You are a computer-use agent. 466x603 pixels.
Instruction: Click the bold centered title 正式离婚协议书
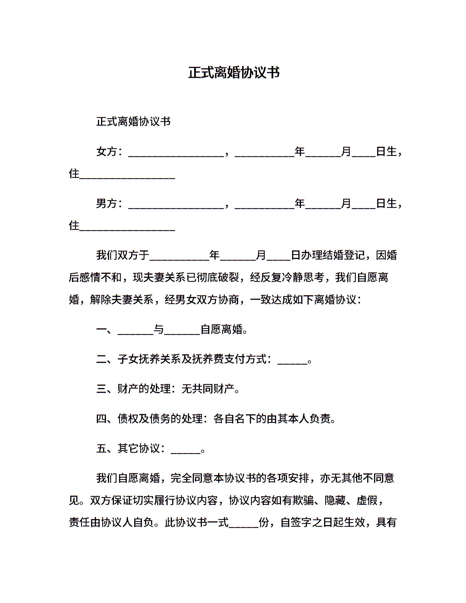pyautogui.click(x=234, y=73)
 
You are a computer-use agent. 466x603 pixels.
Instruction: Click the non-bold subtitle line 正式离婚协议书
pyautogui.click(x=133, y=122)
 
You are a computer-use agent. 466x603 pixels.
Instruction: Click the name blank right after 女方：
pyautogui.click(x=176, y=153)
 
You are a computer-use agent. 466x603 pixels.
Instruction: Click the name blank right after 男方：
pyautogui.click(x=176, y=205)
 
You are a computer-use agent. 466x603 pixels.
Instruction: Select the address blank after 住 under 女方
pyautogui.click(x=127, y=175)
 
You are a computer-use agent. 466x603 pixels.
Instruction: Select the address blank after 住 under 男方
pyautogui.click(x=127, y=227)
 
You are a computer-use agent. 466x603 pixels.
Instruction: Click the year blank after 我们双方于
pyautogui.click(x=180, y=256)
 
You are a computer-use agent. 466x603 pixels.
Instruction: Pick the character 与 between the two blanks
pyautogui.click(x=159, y=329)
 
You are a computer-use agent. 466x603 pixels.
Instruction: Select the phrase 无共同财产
pyautogui.click(x=208, y=389)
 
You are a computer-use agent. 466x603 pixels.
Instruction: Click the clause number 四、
pyautogui.click(x=106, y=419)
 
